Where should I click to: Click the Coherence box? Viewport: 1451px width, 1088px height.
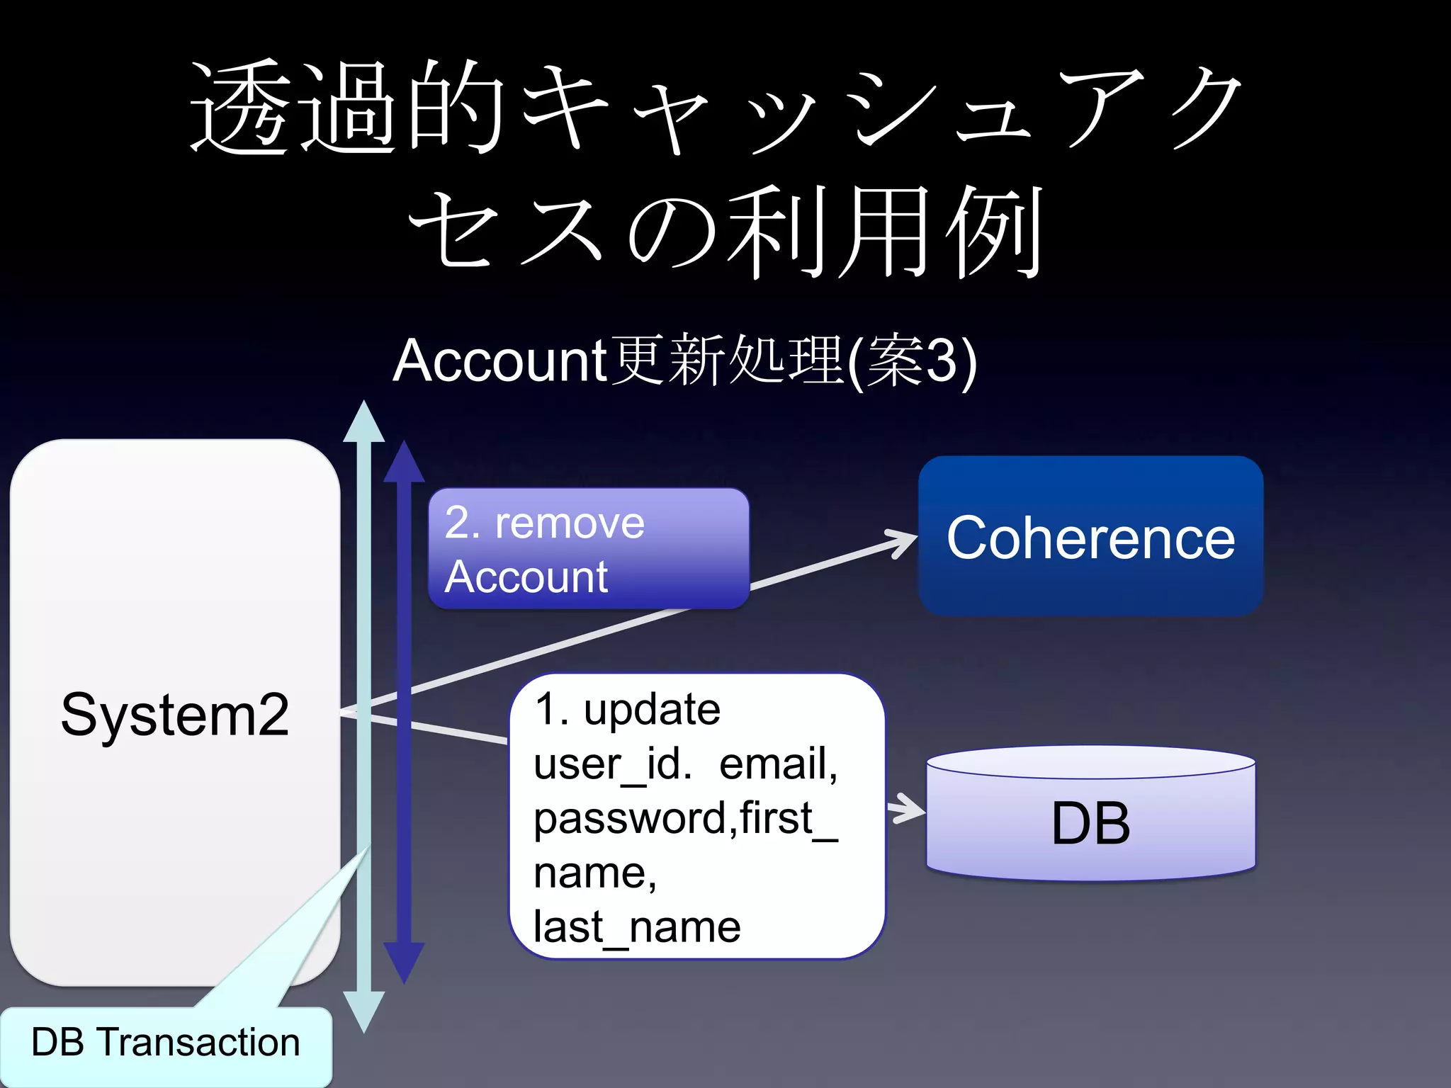click(x=1090, y=536)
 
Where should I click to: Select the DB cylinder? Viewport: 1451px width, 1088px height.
click(x=1090, y=822)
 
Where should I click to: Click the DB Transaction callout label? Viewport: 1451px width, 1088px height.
click(x=166, y=1043)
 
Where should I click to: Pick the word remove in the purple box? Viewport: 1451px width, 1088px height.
click(x=570, y=523)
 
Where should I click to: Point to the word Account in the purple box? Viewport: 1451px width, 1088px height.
click(x=526, y=577)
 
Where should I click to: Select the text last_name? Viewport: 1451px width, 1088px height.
click(x=636, y=926)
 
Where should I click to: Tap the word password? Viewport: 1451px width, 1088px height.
click(x=630, y=819)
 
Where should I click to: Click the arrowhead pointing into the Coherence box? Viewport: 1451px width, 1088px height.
click(x=903, y=542)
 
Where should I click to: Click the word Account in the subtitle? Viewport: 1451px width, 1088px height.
click(x=499, y=361)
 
